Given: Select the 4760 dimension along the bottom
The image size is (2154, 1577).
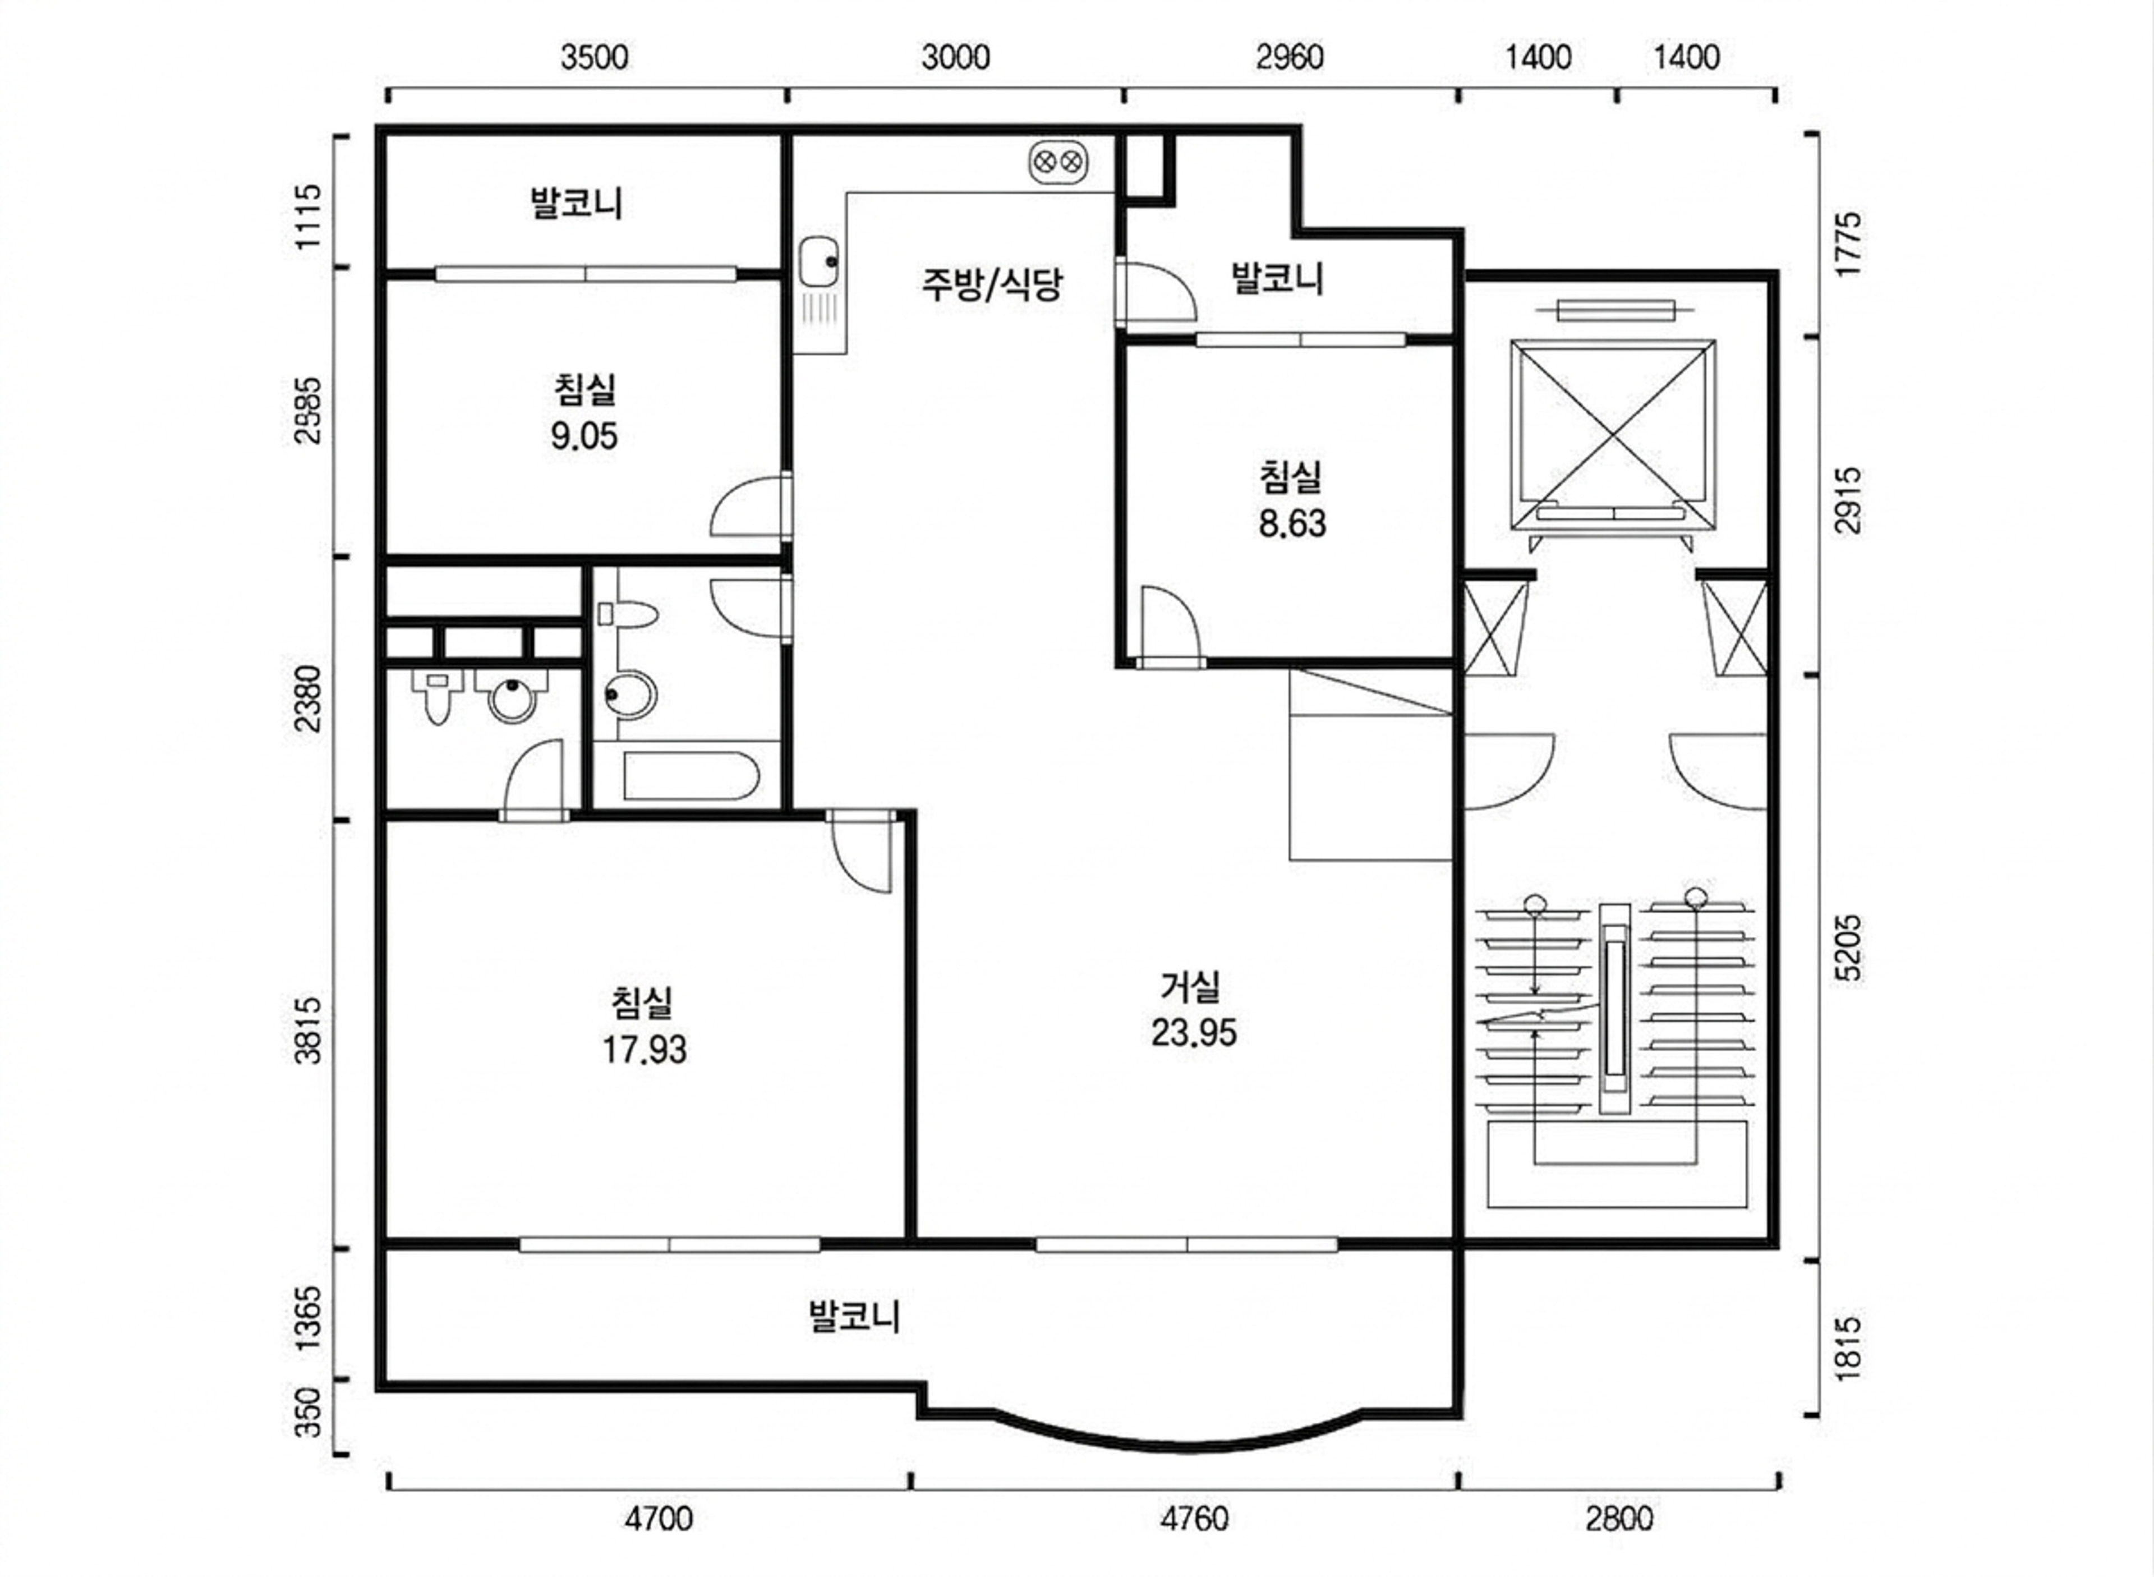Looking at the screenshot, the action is (1194, 1519).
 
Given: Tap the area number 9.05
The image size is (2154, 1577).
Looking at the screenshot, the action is (584, 436).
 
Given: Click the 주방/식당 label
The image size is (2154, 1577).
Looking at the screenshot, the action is (992, 283).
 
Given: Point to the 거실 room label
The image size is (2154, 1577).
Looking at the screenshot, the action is (1190, 987).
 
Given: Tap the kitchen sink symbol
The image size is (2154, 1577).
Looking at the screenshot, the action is (818, 261).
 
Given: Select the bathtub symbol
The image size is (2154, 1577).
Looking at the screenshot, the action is (692, 776).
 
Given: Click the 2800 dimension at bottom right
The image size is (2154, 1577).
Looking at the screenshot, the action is (1619, 1519).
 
